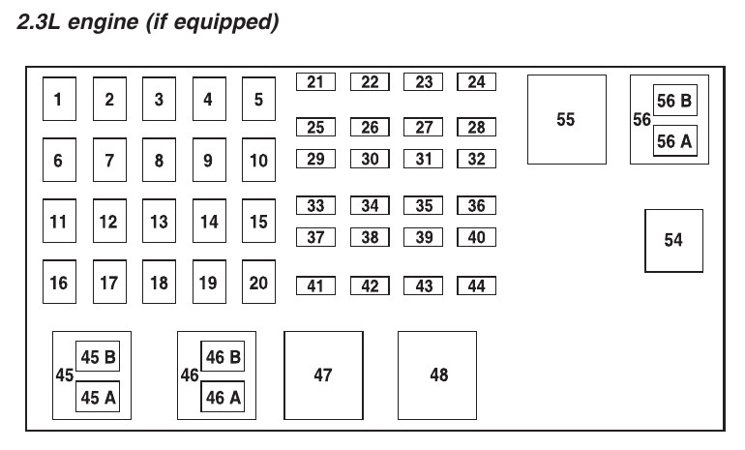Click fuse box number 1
point(59,99)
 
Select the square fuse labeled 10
point(258,161)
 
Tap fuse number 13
point(159,222)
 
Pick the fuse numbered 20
point(258,283)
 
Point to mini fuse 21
point(315,82)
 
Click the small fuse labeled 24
point(476,82)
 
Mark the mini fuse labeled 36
point(476,206)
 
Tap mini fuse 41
point(315,285)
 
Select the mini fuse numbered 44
point(476,285)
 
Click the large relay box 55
point(566,119)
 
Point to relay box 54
point(673,240)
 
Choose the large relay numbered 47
point(323,375)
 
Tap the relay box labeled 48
point(437,375)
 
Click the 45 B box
point(98,357)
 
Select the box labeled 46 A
point(223,396)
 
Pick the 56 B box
point(674,102)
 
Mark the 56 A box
point(674,141)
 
